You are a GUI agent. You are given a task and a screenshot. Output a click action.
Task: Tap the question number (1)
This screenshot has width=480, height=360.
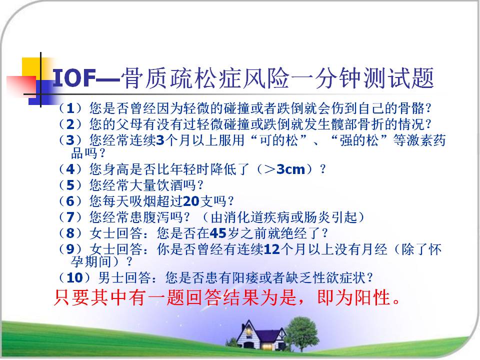(70, 108)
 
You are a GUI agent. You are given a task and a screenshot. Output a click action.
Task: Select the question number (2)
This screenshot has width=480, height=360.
(70, 124)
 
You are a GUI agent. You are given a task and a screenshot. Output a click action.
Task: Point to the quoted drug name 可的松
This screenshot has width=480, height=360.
(278, 140)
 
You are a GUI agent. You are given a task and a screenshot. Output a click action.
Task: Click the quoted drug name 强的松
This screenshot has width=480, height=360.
(359, 140)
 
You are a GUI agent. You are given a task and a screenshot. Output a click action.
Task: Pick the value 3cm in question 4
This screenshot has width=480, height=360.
(290, 169)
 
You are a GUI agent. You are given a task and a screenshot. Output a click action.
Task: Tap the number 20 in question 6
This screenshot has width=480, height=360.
(191, 201)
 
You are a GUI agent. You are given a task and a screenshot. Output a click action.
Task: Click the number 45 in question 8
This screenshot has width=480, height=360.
(217, 233)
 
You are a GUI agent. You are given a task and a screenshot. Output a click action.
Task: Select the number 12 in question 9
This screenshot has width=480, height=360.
(271, 249)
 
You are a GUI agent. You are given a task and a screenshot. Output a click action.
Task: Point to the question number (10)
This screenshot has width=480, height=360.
(74, 278)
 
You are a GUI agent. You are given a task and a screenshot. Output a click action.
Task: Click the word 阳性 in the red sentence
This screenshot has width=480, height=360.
(372, 297)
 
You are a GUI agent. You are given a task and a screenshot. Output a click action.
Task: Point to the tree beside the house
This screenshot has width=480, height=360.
(302, 333)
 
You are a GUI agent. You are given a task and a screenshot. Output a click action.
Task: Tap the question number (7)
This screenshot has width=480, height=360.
(70, 217)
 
